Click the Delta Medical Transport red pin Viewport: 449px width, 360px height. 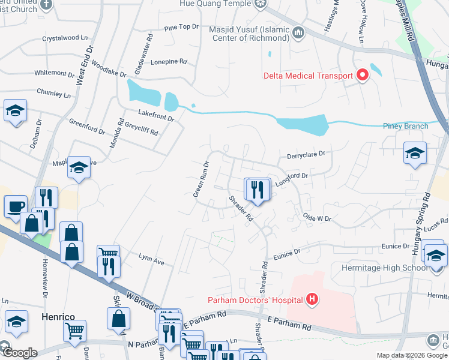click(x=362, y=75)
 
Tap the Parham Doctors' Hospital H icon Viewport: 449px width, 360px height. click(x=312, y=299)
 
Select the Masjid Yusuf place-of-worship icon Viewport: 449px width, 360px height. click(x=298, y=31)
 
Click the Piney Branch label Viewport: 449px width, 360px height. click(x=406, y=126)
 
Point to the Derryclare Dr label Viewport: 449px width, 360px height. click(x=306, y=154)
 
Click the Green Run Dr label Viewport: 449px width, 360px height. click(x=200, y=179)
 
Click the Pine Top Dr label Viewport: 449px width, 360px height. click(x=181, y=27)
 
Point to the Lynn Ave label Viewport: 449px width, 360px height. click(x=151, y=262)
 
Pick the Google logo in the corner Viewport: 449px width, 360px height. click(x=19, y=353)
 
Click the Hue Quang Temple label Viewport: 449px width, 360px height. click(x=215, y=4)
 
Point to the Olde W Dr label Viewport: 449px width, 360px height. click(x=317, y=217)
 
